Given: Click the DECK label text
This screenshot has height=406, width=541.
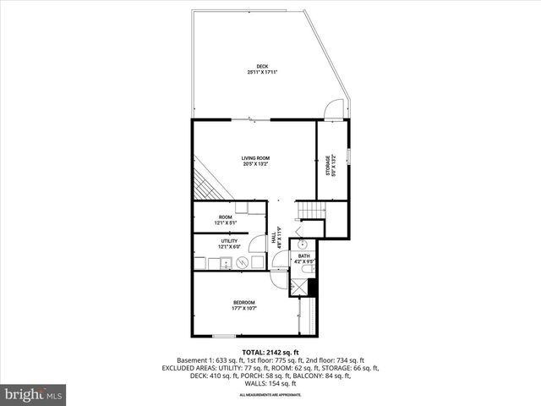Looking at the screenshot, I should tap(263, 67).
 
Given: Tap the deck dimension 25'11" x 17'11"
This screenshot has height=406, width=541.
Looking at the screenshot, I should tap(263, 73).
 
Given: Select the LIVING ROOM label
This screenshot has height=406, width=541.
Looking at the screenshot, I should tap(255, 158).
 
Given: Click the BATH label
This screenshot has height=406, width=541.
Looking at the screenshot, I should tap(304, 255).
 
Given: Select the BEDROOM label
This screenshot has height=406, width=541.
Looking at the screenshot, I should tap(244, 303).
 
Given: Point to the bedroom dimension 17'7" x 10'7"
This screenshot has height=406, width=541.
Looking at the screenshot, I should tap(244, 309).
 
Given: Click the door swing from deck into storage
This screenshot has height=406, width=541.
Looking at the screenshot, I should tap(334, 110).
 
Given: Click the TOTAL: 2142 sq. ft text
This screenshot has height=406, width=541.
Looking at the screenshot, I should tap(270, 352).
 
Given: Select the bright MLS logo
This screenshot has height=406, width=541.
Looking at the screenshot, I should tap(34, 394).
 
